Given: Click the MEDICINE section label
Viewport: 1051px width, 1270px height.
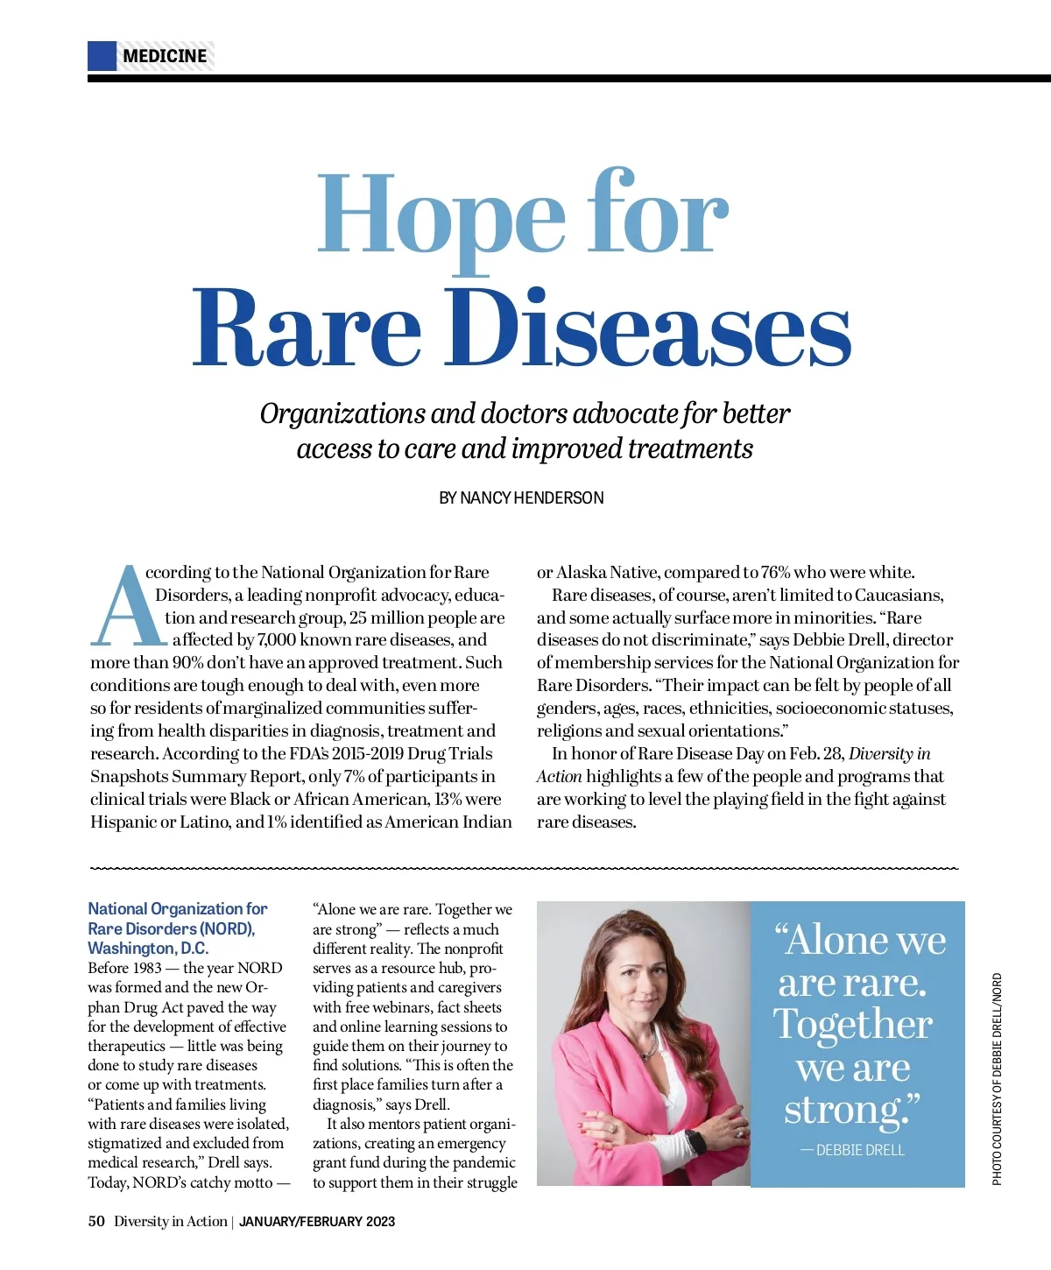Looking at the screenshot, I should (165, 57).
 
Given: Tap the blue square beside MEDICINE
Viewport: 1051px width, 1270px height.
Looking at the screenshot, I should (102, 56).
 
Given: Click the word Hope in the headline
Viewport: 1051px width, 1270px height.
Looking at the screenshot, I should (441, 215).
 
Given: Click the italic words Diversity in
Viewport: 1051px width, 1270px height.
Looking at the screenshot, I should (889, 753).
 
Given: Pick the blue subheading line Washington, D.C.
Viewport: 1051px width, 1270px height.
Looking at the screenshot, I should (148, 948).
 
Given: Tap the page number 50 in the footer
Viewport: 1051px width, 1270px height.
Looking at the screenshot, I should (96, 1221).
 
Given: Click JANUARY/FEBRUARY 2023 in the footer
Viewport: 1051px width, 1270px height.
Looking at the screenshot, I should (316, 1221).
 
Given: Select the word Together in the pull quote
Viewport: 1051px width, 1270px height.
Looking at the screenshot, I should (852, 1024).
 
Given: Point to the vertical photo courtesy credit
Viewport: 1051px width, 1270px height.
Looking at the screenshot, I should (997, 1079).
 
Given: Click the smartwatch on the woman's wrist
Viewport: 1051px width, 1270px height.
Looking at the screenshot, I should (694, 1141).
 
